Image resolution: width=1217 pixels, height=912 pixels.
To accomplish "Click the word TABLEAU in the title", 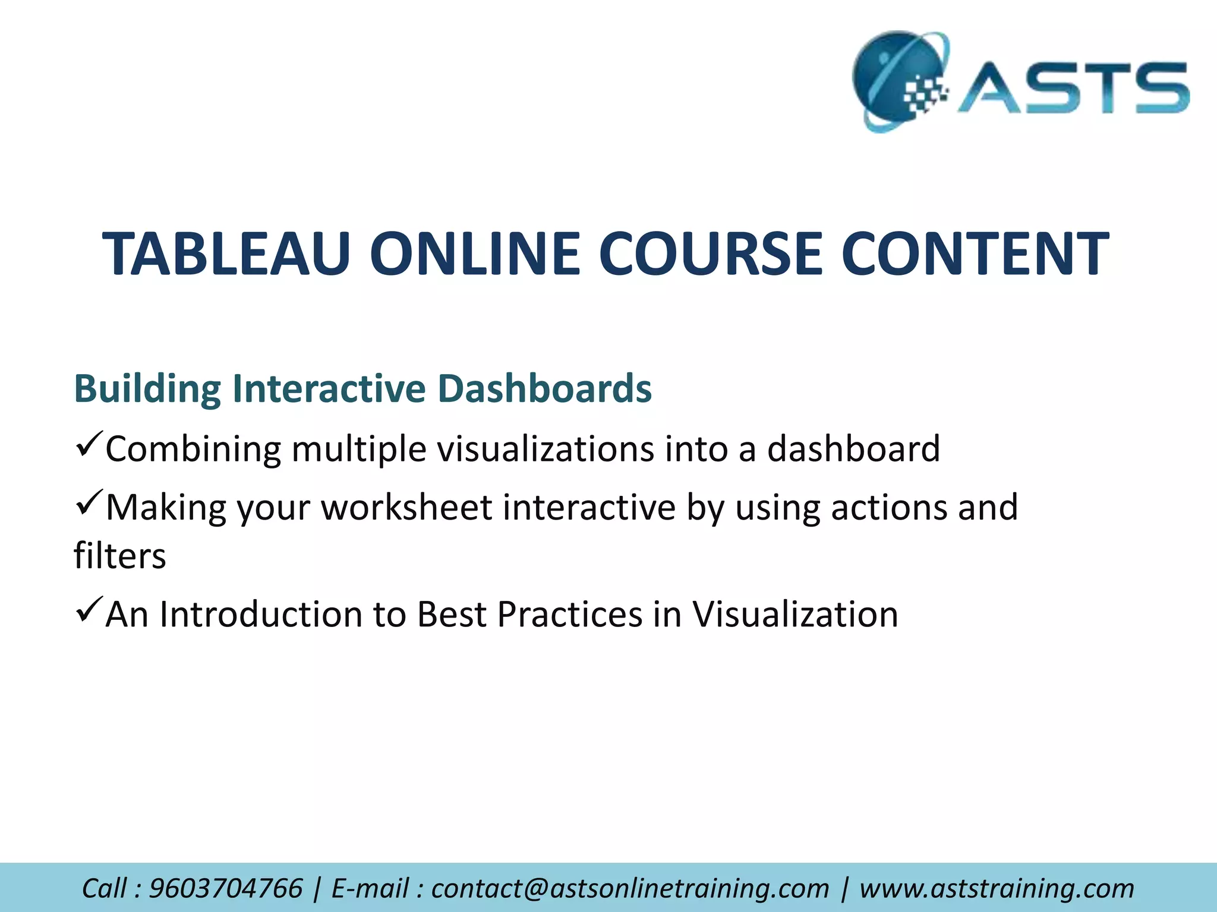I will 226,254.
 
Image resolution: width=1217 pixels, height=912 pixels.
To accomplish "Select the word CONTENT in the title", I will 974,254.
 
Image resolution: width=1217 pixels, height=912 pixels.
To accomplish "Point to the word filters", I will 119,556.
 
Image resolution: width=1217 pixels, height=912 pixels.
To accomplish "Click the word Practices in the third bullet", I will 569,615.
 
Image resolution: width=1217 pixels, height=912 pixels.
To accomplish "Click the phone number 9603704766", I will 225,889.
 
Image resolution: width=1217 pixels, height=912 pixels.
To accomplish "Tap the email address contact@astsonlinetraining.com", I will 629,889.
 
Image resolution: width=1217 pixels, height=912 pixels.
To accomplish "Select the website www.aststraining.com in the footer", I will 997,889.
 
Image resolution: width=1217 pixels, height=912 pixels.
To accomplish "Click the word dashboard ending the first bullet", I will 853,449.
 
